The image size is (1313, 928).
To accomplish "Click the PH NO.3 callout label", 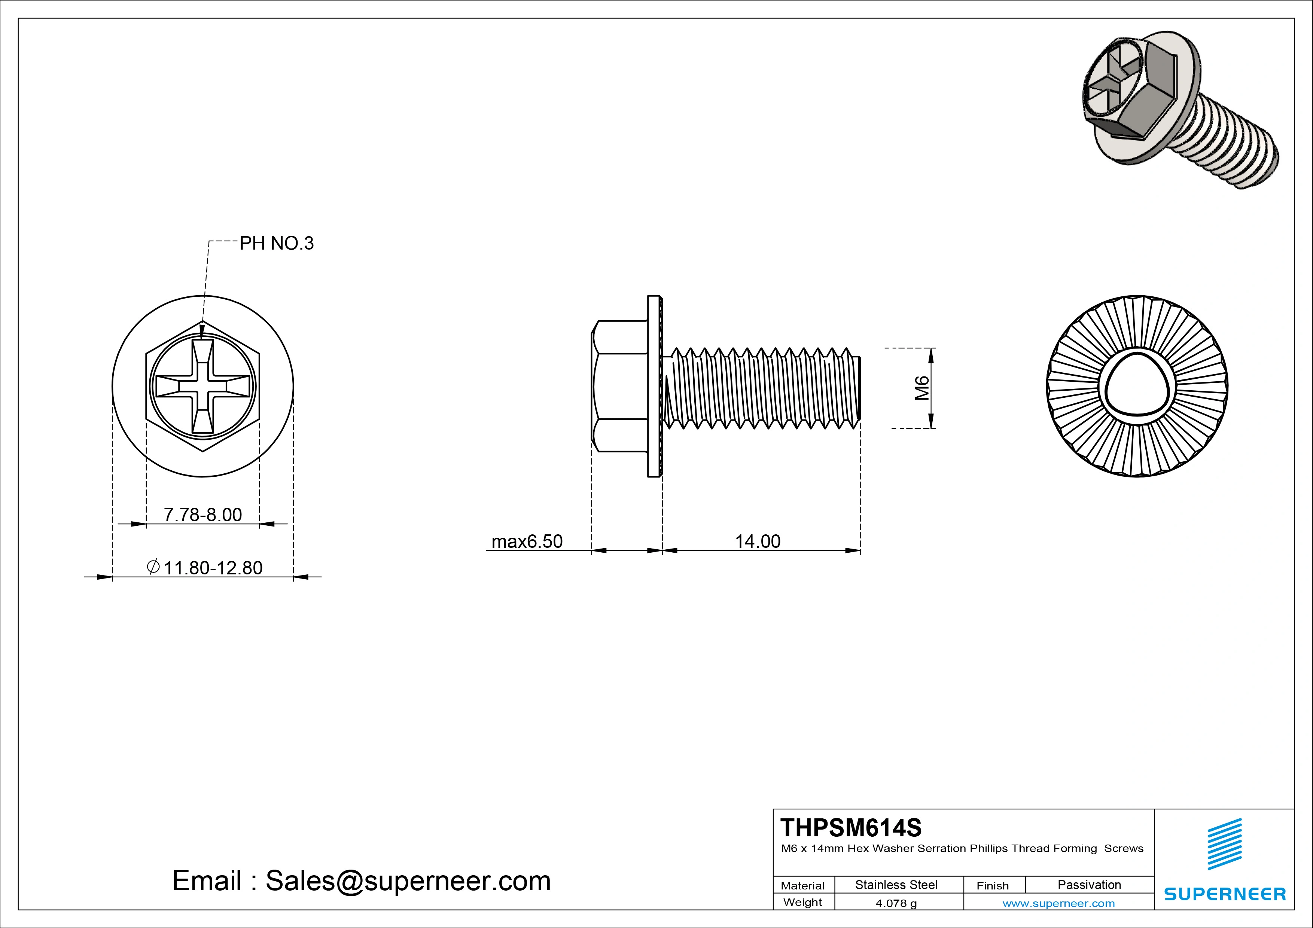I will [x=276, y=244].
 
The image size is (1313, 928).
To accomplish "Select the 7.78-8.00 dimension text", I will [x=202, y=515].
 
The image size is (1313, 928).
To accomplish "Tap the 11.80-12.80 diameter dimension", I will [x=213, y=568].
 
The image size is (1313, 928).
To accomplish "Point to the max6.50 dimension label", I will [x=527, y=541].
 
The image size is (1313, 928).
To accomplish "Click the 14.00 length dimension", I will [x=757, y=541].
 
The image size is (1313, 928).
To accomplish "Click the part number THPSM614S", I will [x=850, y=827].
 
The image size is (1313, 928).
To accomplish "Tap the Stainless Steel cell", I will [x=896, y=885].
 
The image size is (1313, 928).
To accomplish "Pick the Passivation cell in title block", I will [x=1089, y=885].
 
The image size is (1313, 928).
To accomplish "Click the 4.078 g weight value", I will [x=896, y=903].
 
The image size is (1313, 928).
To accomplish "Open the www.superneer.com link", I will [x=1058, y=903].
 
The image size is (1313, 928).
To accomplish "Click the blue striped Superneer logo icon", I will [x=1224, y=844].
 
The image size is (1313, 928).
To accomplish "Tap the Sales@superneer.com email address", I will [x=408, y=880].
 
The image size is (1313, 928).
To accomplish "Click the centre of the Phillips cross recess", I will [x=203, y=387].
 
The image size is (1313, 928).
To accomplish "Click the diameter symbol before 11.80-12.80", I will [x=153, y=567].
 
